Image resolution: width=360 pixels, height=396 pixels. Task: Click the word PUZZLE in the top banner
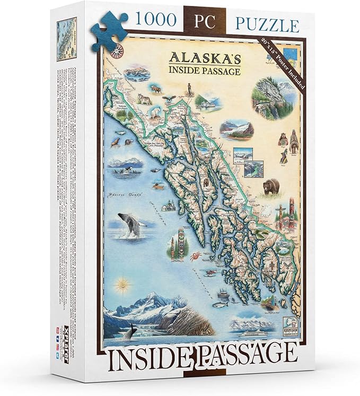[x=266, y=24]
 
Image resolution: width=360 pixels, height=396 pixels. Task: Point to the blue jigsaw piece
[x=110, y=31]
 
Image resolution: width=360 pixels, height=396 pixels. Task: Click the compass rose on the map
[x=118, y=50]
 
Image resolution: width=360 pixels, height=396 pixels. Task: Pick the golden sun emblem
[x=124, y=285]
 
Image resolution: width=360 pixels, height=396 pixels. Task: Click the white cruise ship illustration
[x=258, y=334]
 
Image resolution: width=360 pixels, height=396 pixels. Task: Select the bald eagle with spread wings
[x=170, y=98]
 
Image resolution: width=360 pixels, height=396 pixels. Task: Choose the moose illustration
[x=156, y=89]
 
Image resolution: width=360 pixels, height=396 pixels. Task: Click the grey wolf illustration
[x=144, y=99]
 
